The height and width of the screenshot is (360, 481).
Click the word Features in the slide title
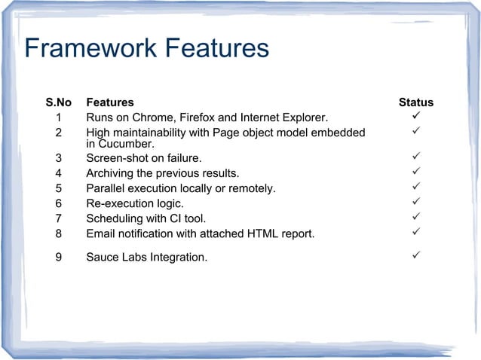[x=217, y=49]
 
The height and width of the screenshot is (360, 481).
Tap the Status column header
[x=415, y=102]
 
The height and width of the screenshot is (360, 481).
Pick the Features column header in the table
[x=110, y=102]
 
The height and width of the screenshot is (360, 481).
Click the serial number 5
[x=59, y=188]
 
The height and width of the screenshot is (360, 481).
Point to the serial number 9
[x=59, y=258]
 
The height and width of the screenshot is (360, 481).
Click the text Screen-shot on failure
[x=144, y=158]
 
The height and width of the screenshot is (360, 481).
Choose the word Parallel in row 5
[x=106, y=188]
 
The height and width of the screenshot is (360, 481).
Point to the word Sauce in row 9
[x=103, y=258]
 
